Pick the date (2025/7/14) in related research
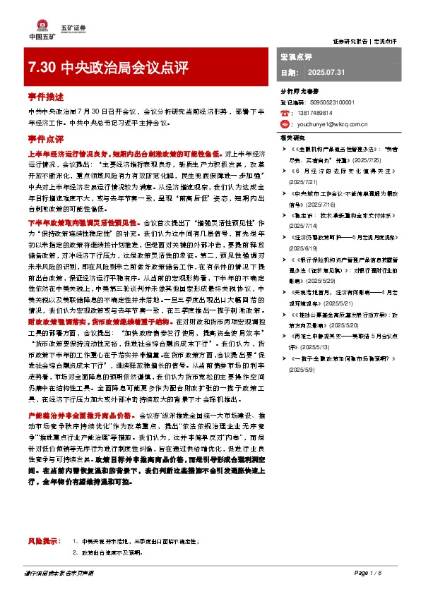tap(304, 226)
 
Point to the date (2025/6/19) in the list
tap(304, 248)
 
